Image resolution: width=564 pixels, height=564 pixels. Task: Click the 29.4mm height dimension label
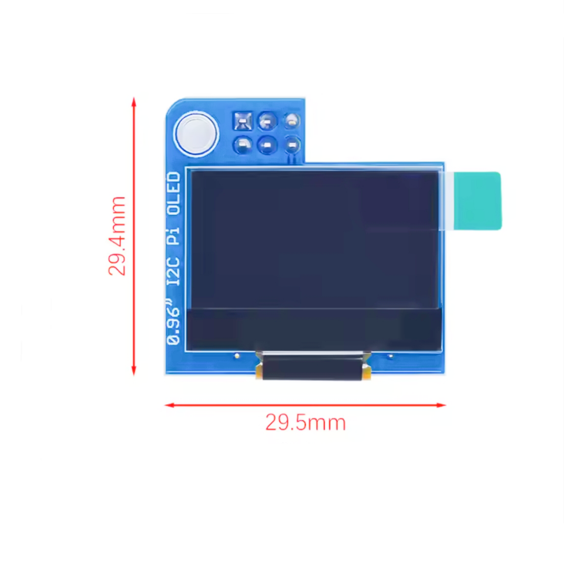[117, 236]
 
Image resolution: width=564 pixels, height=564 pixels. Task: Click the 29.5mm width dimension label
[305, 422]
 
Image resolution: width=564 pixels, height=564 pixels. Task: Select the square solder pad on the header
[243, 122]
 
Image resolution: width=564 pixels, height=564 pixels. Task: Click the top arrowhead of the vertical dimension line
[134, 102]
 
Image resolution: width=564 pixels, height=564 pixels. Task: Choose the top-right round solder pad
[291, 121]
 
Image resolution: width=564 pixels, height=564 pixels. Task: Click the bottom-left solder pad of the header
[243, 144]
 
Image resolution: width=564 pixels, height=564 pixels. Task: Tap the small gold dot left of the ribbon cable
[236, 355]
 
